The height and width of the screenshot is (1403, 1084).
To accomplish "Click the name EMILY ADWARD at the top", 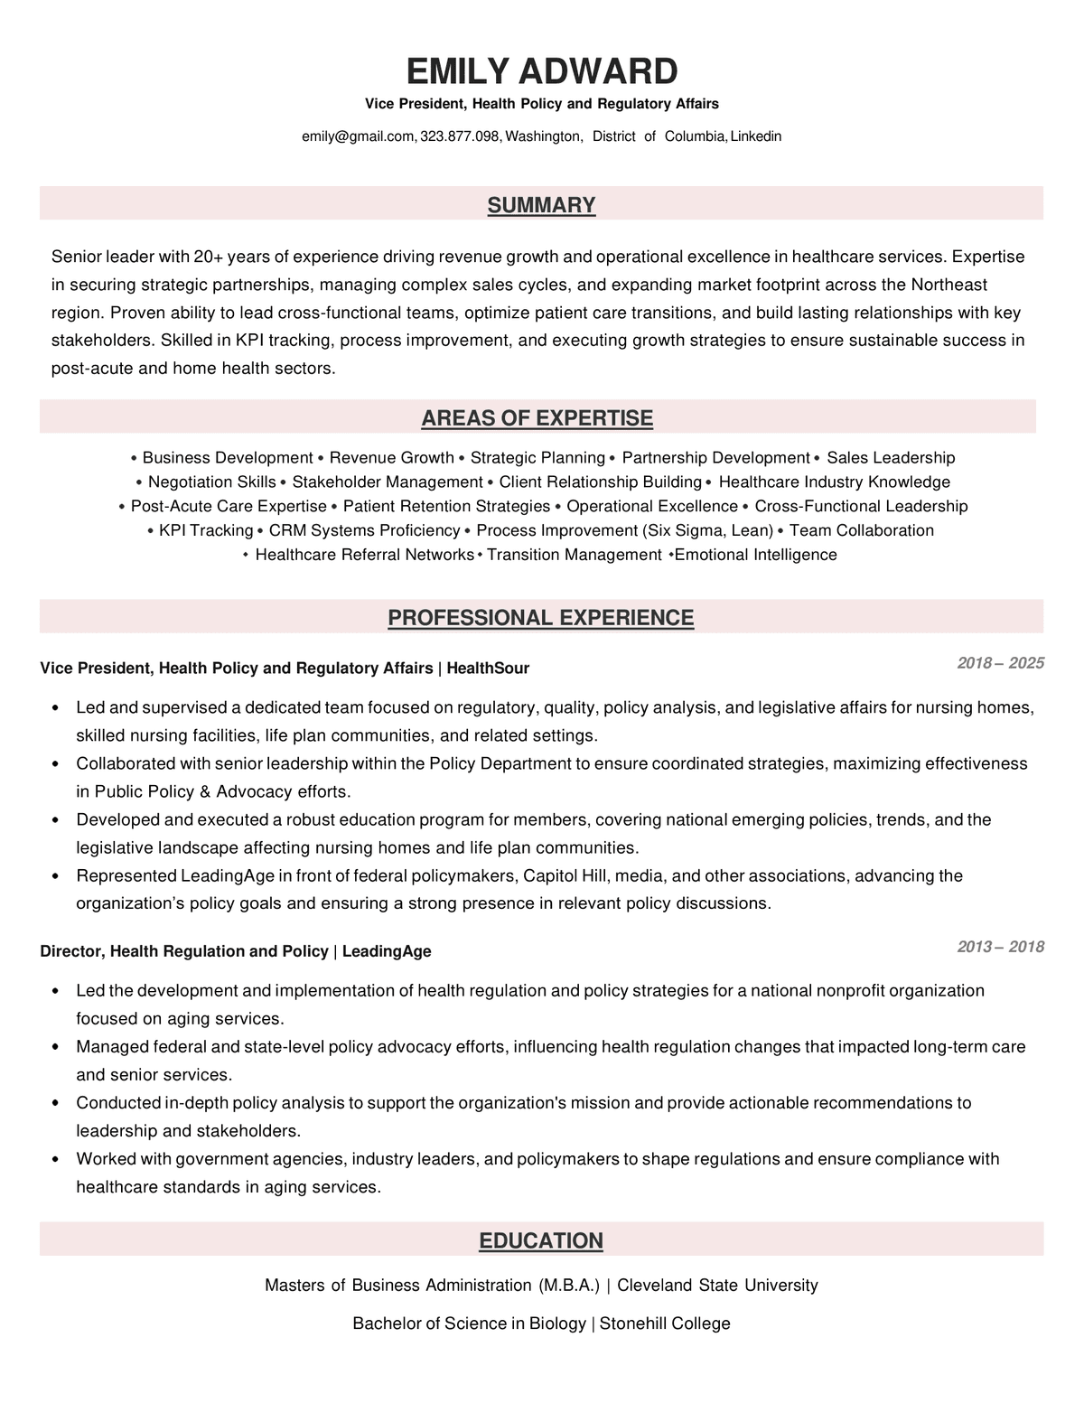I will click(x=541, y=71).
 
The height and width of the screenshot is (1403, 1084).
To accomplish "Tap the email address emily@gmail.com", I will click(x=358, y=136).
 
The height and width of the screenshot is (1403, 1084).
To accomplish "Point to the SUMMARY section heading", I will click(x=541, y=205).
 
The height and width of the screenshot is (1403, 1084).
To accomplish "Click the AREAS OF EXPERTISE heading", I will click(x=537, y=418).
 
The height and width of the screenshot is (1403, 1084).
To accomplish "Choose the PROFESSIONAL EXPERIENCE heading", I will click(x=540, y=618).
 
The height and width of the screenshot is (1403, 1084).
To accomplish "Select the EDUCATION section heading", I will click(x=540, y=1240).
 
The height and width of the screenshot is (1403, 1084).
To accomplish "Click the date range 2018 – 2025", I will click(x=1000, y=663).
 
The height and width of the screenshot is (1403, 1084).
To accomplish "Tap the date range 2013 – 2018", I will click(x=1000, y=947).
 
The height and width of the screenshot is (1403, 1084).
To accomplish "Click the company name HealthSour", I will click(x=488, y=669).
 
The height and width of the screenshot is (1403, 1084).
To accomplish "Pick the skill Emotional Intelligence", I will click(x=756, y=555).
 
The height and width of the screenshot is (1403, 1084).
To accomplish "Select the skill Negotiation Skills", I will click(x=212, y=482).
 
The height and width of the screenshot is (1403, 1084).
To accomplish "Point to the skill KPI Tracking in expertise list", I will click(x=206, y=530).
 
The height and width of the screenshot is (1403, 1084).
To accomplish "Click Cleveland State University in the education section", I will click(x=717, y=1285).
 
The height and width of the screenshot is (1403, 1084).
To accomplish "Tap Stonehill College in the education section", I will click(x=665, y=1323).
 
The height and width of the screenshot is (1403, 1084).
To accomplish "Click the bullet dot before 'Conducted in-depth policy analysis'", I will click(x=56, y=1104).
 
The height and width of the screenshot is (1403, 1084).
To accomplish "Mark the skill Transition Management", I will click(x=575, y=555).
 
